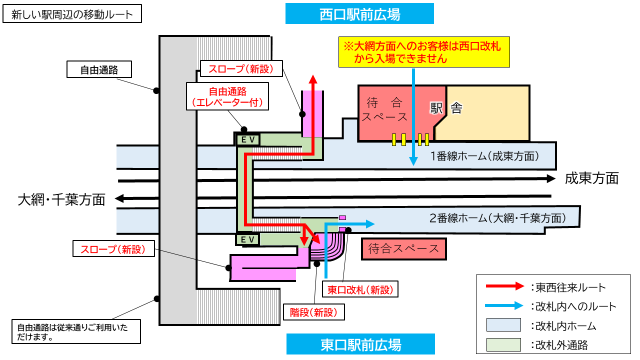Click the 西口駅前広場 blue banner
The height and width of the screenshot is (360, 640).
tap(359, 14)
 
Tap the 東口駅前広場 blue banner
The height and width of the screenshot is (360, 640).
tap(360, 344)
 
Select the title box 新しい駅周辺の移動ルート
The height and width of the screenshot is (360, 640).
tap(72, 14)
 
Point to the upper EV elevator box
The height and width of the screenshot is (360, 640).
tap(248, 140)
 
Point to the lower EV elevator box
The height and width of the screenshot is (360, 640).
tap(248, 239)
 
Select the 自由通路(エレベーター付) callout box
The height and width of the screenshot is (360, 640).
tap(227, 97)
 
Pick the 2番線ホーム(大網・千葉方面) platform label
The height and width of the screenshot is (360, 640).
tap(497, 218)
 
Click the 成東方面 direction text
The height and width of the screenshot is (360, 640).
tap(591, 178)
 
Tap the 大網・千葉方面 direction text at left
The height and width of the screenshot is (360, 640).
tap(61, 200)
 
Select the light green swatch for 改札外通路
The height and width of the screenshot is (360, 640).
tap(504, 344)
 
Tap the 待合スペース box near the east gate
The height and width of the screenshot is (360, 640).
tap(403, 248)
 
